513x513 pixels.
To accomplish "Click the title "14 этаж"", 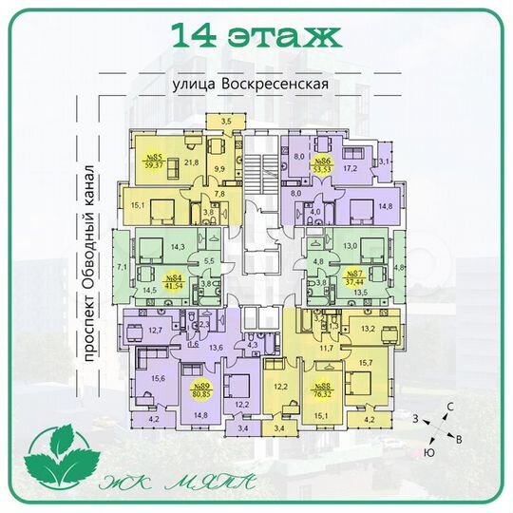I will (x=256, y=36).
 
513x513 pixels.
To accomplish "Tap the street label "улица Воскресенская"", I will (x=251, y=84).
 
